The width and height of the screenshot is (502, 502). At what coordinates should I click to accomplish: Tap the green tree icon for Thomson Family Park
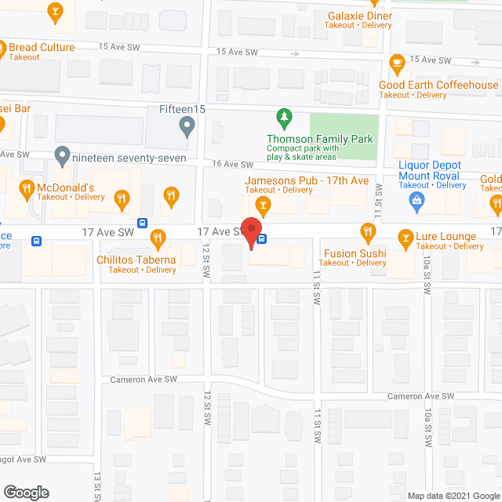pos(283,119)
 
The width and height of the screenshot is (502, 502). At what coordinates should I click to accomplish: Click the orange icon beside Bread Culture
pos(2,49)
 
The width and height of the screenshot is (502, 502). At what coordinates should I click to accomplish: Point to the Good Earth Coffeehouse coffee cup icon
pos(397,62)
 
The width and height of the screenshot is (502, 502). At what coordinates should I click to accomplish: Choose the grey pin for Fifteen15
pos(187,126)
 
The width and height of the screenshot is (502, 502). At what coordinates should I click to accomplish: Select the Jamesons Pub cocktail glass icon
pos(264,205)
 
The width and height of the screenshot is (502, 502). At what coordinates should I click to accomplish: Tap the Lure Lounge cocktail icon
pos(406,236)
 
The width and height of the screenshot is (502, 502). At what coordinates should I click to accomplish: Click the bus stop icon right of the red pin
pos(263,238)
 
